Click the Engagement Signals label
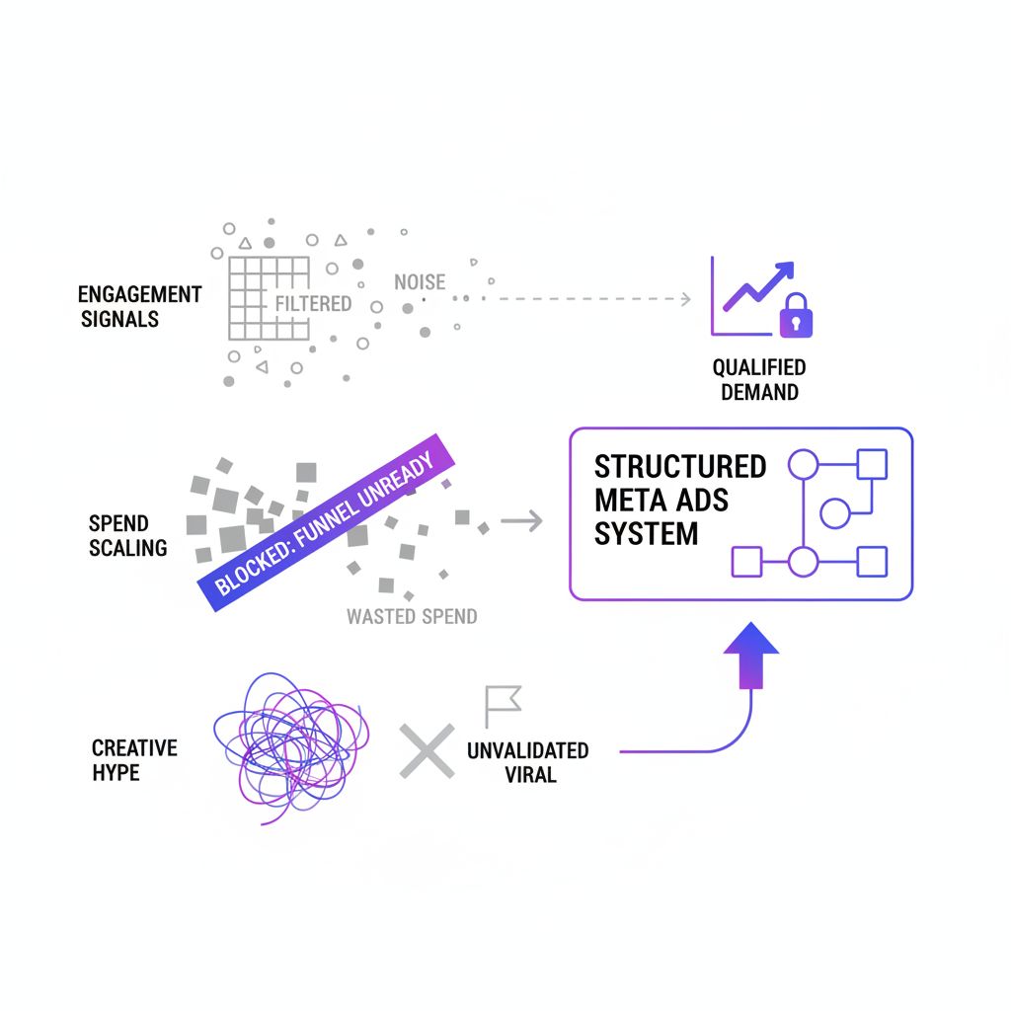pyautogui.click(x=140, y=306)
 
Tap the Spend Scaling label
pyautogui.click(x=127, y=535)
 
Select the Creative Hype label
pyautogui.click(x=134, y=760)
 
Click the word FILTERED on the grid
pyautogui.click(x=313, y=304)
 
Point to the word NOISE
pyautogui.click(x=420, y=282)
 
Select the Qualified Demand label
pyautogui.click(x=759, y=379)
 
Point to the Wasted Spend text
pyautogui.click(x=412, y=617)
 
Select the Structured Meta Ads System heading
pyautogui.click(x=680, y=500)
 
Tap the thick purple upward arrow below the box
pyautogui.click(x=751, y=653)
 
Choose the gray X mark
pyautogui.click(x=427, y=749)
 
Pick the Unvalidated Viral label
pyautogui.click(x=527, y=762)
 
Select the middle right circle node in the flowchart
pyautogui.click(x=835, y=512)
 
